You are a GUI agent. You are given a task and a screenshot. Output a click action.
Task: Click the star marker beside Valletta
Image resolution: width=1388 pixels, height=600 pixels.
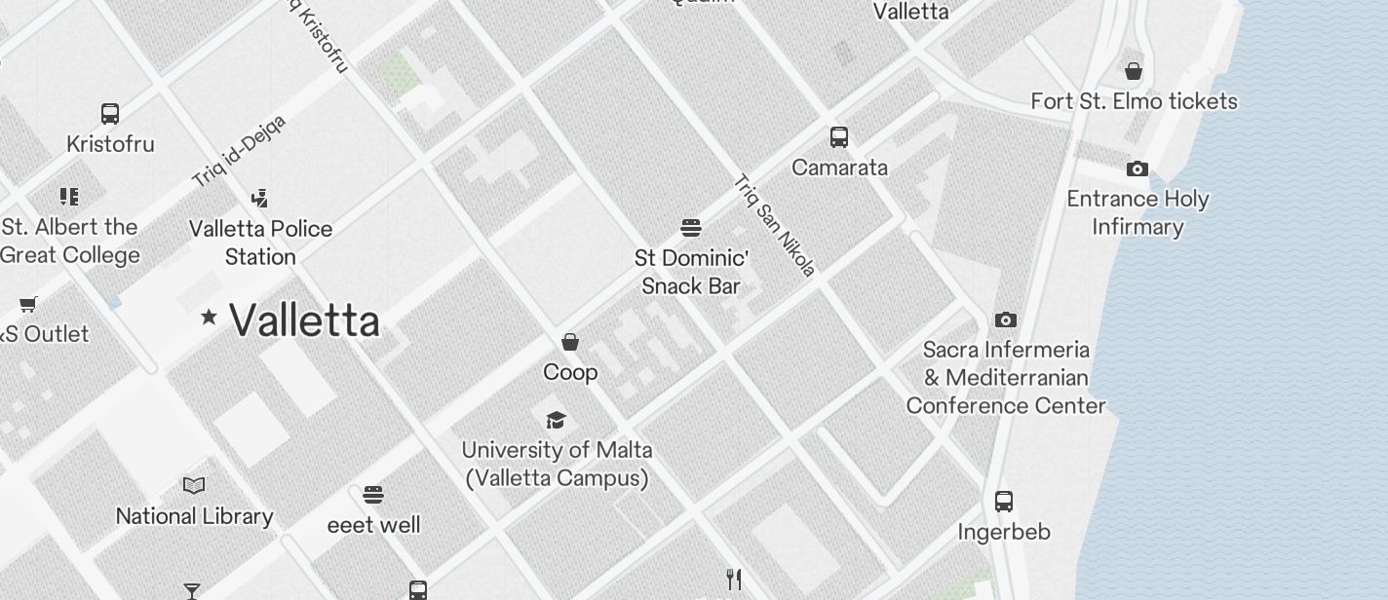click(x=209, y=317)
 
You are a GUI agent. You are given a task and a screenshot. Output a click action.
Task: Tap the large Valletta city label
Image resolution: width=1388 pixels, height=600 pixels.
click(x=304, y=320)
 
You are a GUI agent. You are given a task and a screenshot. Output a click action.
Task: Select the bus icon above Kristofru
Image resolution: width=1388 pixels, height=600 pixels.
click(x=110, y=114)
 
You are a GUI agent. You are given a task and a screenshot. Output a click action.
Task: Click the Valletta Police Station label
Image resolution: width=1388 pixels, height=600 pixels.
click(x=260, y=243)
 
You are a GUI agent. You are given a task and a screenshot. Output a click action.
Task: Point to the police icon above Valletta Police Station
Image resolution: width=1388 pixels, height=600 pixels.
click(x=259, y=199)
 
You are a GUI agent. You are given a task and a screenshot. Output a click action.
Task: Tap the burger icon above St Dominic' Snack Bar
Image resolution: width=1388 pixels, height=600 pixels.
click(x=691, y=228)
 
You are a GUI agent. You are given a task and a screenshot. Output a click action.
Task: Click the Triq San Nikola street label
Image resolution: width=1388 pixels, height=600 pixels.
click(x=774, y=225)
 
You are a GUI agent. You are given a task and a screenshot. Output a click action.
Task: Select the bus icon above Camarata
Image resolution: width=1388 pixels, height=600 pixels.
click(x=839, y=137)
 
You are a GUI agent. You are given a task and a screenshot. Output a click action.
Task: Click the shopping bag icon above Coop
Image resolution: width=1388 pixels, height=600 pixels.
click(x=570, y=342)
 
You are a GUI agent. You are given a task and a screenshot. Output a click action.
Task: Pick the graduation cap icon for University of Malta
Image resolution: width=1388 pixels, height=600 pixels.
click(x=556, y=420)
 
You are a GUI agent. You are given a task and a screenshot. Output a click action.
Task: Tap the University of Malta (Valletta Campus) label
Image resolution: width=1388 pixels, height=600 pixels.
click(x=557, y=464)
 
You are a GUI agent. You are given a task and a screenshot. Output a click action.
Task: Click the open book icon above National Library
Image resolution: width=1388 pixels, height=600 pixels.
click(x=194, y=485)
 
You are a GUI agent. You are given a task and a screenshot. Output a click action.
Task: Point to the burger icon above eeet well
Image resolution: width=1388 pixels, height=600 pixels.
click(x=373, y=495)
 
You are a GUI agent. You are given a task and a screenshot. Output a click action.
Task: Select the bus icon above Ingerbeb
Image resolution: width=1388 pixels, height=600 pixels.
click(x=1004, y=502)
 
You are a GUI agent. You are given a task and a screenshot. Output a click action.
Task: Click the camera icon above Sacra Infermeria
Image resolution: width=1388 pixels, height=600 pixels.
click(x=1006, y=319)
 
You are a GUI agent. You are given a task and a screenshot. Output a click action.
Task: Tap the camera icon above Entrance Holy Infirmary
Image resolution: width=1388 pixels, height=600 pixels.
click(x=1137, y=169)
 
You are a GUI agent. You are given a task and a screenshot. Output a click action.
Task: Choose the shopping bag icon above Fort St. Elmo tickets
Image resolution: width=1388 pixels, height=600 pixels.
click(x=1134, y=71)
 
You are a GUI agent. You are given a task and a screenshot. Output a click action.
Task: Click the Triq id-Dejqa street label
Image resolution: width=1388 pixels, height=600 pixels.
click(x=239, y=151)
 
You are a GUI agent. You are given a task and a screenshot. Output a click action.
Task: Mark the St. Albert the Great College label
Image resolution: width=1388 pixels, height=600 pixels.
click(x=70, y=241)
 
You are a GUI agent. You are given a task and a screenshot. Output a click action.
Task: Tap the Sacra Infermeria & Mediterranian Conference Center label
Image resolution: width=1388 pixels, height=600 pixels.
click(x=1006, y=377)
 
